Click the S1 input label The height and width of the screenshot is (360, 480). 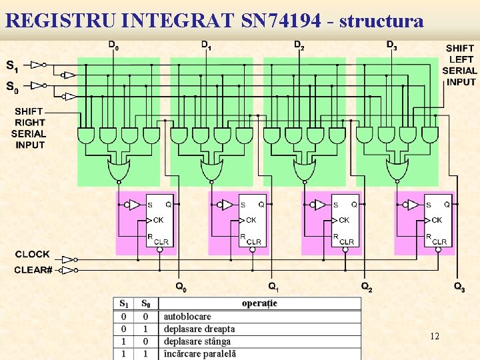12,65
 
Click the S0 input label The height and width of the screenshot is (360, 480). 12,87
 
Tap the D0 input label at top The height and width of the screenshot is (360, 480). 115,45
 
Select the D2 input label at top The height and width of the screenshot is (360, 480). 300,45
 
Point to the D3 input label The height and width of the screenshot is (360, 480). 392,45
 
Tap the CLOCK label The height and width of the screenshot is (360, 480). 32,254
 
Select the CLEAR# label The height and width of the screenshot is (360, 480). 33,270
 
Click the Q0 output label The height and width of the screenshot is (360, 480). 181,287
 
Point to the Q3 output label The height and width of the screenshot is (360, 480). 459,287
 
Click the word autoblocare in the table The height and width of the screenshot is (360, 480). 187,317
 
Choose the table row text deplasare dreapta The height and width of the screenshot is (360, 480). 199,329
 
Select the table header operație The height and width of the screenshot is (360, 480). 259,303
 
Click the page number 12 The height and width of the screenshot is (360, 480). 435,336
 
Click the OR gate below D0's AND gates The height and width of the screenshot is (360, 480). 119,172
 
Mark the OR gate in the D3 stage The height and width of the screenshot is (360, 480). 397,172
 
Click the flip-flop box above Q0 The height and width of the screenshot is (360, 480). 159,220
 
